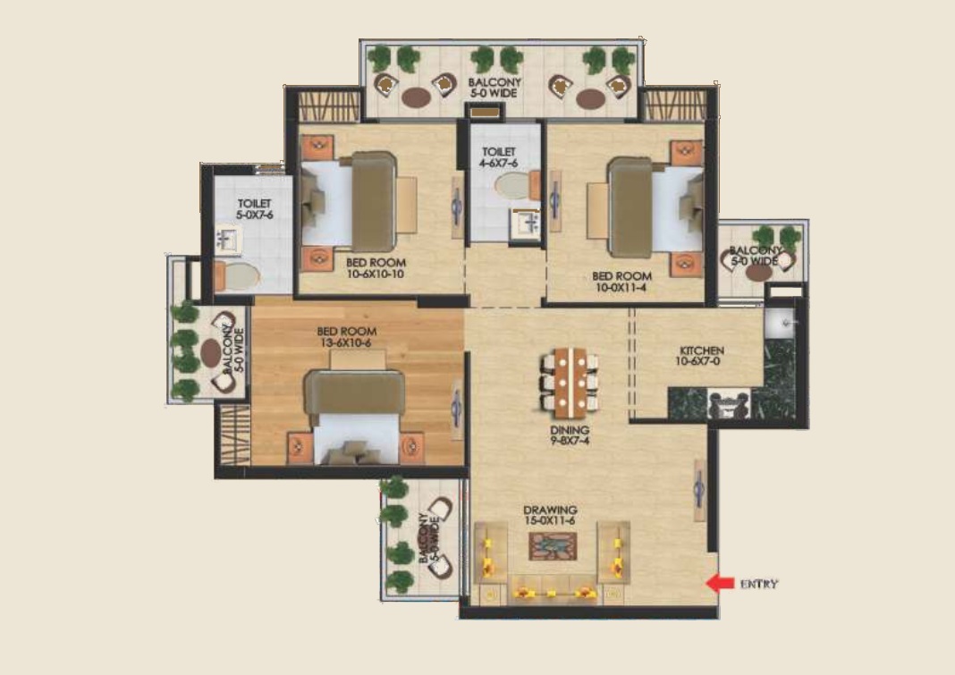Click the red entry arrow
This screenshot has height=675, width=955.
720,583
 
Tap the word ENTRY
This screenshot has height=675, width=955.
759,584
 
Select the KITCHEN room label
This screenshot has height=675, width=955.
702,350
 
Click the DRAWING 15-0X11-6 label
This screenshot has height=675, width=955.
550,515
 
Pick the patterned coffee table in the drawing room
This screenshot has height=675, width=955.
553,546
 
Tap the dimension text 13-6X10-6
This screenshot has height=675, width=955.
346,342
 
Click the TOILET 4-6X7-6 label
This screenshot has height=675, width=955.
499,157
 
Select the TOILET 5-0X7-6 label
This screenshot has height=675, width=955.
255,209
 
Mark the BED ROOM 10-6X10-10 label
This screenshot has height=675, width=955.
376,268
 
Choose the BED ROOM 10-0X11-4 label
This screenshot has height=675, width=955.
621,282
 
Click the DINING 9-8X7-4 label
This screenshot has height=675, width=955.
570,435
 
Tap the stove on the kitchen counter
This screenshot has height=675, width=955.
729,404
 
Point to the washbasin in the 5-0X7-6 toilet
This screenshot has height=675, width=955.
228,240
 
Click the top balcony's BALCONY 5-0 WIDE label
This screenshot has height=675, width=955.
494,88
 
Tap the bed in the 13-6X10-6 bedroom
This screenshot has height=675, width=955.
355,416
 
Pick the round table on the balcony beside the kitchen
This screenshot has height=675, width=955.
759,272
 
